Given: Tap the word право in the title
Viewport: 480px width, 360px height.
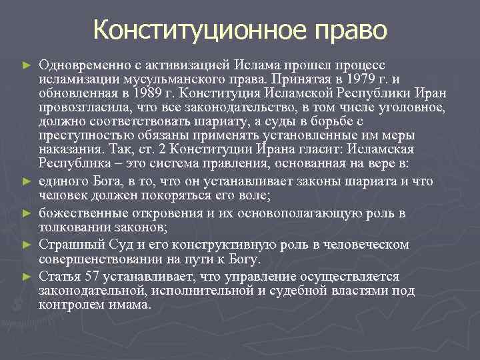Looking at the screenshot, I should click(349, 29).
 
